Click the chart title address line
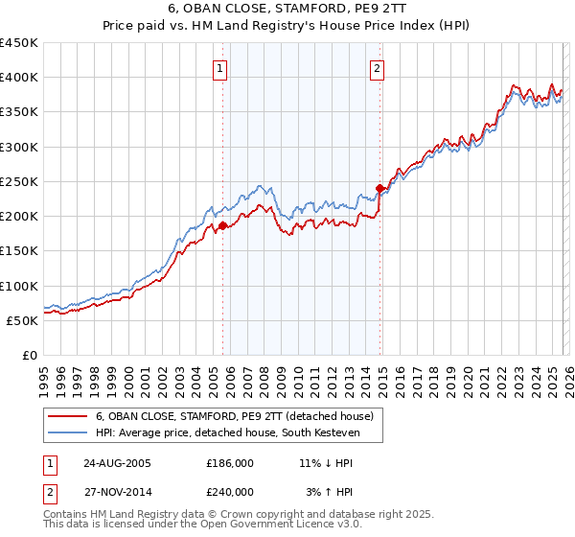[x=287, y=10]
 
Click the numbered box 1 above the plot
[x=221, y=68]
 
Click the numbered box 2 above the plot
[x=378, y=68]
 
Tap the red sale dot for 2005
[x=223, y=226]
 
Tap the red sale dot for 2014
[x=380, y=189]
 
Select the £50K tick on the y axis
[x=23, y=320]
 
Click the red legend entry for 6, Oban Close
[x=240, y=415]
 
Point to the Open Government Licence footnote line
[x=202, y=527]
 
